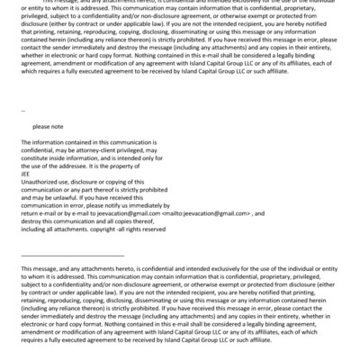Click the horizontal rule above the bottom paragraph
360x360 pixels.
(x=72, y=255)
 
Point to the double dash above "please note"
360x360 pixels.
(x=23, y=112)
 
